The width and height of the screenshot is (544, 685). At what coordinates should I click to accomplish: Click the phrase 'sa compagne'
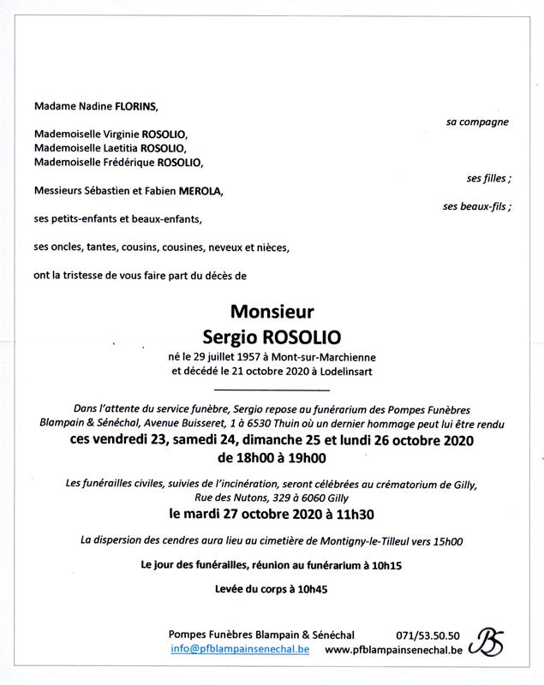477,122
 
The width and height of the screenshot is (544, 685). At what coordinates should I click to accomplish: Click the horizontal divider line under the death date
272,391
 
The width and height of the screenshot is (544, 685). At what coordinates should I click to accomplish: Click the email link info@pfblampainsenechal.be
240,650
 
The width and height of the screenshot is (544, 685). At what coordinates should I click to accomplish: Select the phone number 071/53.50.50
427,635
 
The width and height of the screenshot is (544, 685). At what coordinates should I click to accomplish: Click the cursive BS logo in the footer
488,641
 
